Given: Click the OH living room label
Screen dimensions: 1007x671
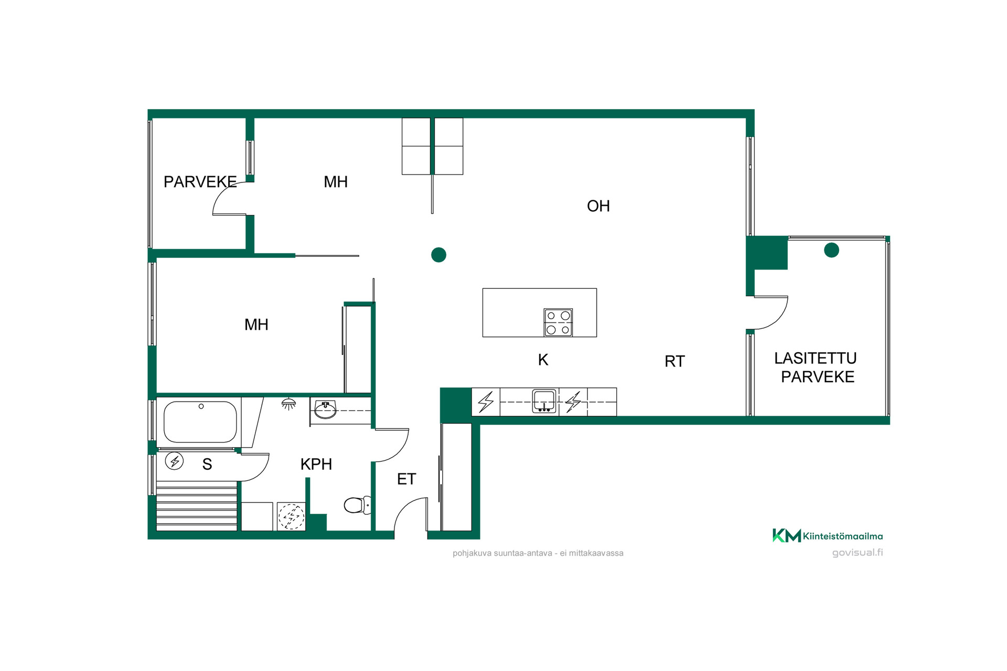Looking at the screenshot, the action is click(x=598, y=206).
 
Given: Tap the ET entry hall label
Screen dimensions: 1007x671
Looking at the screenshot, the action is click(x=406, y=479).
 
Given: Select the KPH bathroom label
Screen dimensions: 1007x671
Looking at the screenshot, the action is click(x=316, y=464).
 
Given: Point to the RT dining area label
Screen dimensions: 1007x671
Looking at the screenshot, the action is click(x=674, y=361).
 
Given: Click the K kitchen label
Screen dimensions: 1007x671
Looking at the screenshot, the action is click(x=543, y=360).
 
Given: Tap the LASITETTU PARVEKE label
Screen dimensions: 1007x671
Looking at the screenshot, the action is click(x=816, y=367).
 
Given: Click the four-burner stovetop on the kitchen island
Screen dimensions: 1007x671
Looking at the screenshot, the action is click(x=558, y=322).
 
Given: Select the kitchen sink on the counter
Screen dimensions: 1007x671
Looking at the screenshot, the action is click(x=544, y=402).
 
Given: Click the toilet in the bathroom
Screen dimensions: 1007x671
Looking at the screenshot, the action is click(x=358, y=505).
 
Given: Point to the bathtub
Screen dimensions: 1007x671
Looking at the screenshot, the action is click(x=200, y=422).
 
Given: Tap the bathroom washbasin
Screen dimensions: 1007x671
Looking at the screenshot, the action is click(x=325, y=409).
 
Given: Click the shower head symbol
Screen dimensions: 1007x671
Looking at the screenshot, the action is click(x=288, y=404).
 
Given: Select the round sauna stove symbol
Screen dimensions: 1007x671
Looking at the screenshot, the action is click(x=174, y=461).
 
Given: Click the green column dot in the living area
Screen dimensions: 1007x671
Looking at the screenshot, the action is click(x=438, y=255).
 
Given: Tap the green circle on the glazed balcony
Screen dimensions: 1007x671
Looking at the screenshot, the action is click(x=831, y=250).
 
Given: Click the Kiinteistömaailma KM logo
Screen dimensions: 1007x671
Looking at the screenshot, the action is click(x=827, y=536).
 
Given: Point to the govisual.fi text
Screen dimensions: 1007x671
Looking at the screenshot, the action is click(x=858, y=553).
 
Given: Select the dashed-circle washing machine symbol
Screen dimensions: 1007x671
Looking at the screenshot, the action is click(x=291, y=516).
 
